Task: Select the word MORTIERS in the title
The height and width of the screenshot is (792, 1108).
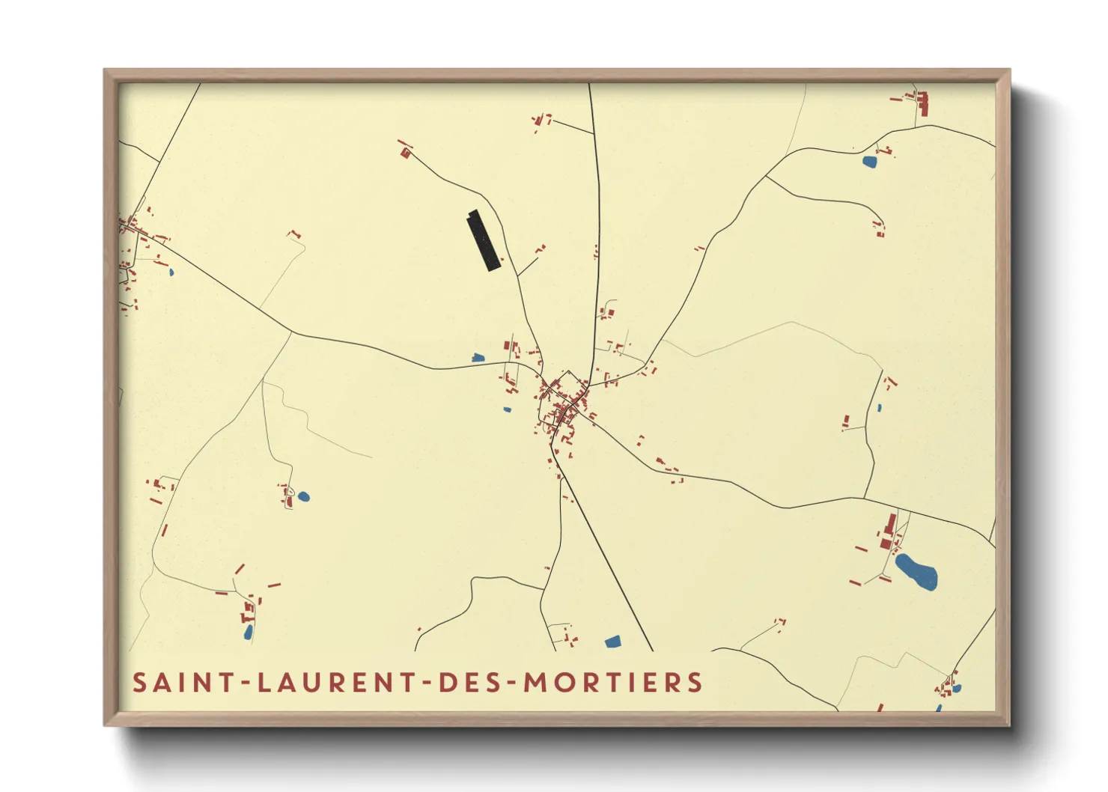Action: pyautogui.click(x=613, y=683)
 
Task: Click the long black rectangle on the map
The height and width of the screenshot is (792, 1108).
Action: pyautogui.click(x=484, y=240)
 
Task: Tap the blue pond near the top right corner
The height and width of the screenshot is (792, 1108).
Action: pyautogui.click(x=869, y=161)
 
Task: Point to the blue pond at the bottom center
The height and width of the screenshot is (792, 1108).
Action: pyautogui.click(x=612, y=642)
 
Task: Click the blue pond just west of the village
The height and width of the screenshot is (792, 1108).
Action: pyautogui.click(x=478, y=358)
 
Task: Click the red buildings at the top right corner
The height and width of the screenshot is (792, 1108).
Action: pyautogui.click(x=922, y=103)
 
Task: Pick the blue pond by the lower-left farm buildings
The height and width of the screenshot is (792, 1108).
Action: pyautogui.click(x=248, y=633)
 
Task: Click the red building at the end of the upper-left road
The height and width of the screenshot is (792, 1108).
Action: pyautogui.click(x=406, y=153)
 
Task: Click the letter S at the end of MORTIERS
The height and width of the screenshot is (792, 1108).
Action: pyautogui.click(x=695, y=683)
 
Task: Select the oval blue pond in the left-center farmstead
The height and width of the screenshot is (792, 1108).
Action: pyautogui.click(x=303, y=496)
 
